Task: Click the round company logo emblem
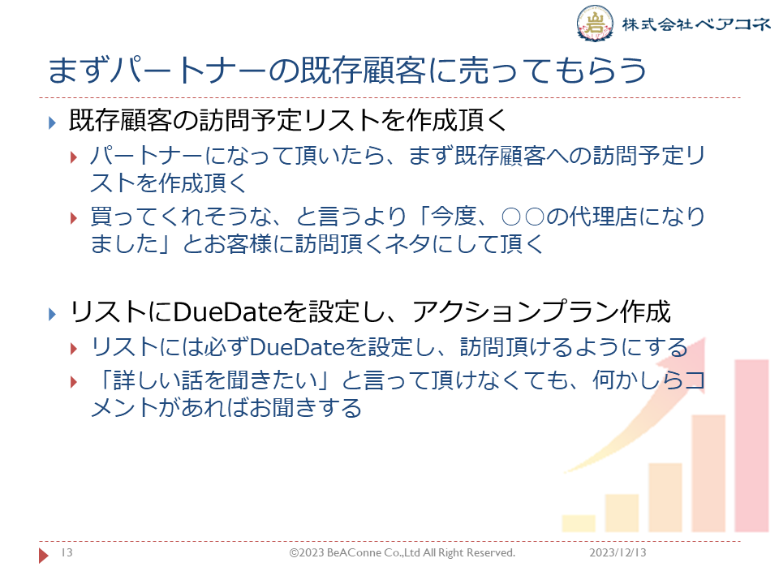tap(594, 23)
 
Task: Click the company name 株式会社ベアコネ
tap(696, 24)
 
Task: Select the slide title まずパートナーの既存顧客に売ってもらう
tap(347, 70)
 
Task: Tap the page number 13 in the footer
tap(67, 552)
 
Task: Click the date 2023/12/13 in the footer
tap(618, 552)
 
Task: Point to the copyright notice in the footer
tap(402, 552)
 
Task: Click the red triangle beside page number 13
tap(44, 555)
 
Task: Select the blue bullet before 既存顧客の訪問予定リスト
tap(52, 122)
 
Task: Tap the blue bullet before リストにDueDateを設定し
tap(52, 314)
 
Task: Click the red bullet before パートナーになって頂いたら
tap(74, 157)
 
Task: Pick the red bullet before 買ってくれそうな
tap(74, 218)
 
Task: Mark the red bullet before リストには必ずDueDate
tap(74, 348)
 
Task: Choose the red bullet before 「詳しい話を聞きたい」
tap(74, 382)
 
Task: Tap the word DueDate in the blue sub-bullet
tap(297, 346)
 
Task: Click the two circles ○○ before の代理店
tap(523, 217)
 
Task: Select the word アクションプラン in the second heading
tap(516, 311)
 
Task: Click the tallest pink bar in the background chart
tap(751, 445)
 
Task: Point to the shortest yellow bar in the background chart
tap(579, 523)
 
